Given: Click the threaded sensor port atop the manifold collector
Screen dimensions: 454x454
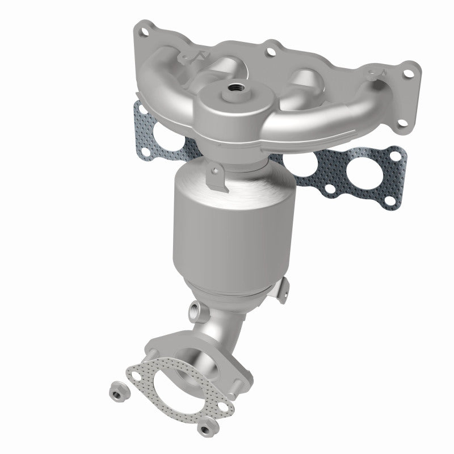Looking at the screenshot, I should click(x=234, y=88).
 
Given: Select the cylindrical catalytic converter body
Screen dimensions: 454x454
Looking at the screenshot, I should click(x=227, y=227).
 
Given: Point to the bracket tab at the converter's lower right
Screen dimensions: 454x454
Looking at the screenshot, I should click(x=282, y=287).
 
